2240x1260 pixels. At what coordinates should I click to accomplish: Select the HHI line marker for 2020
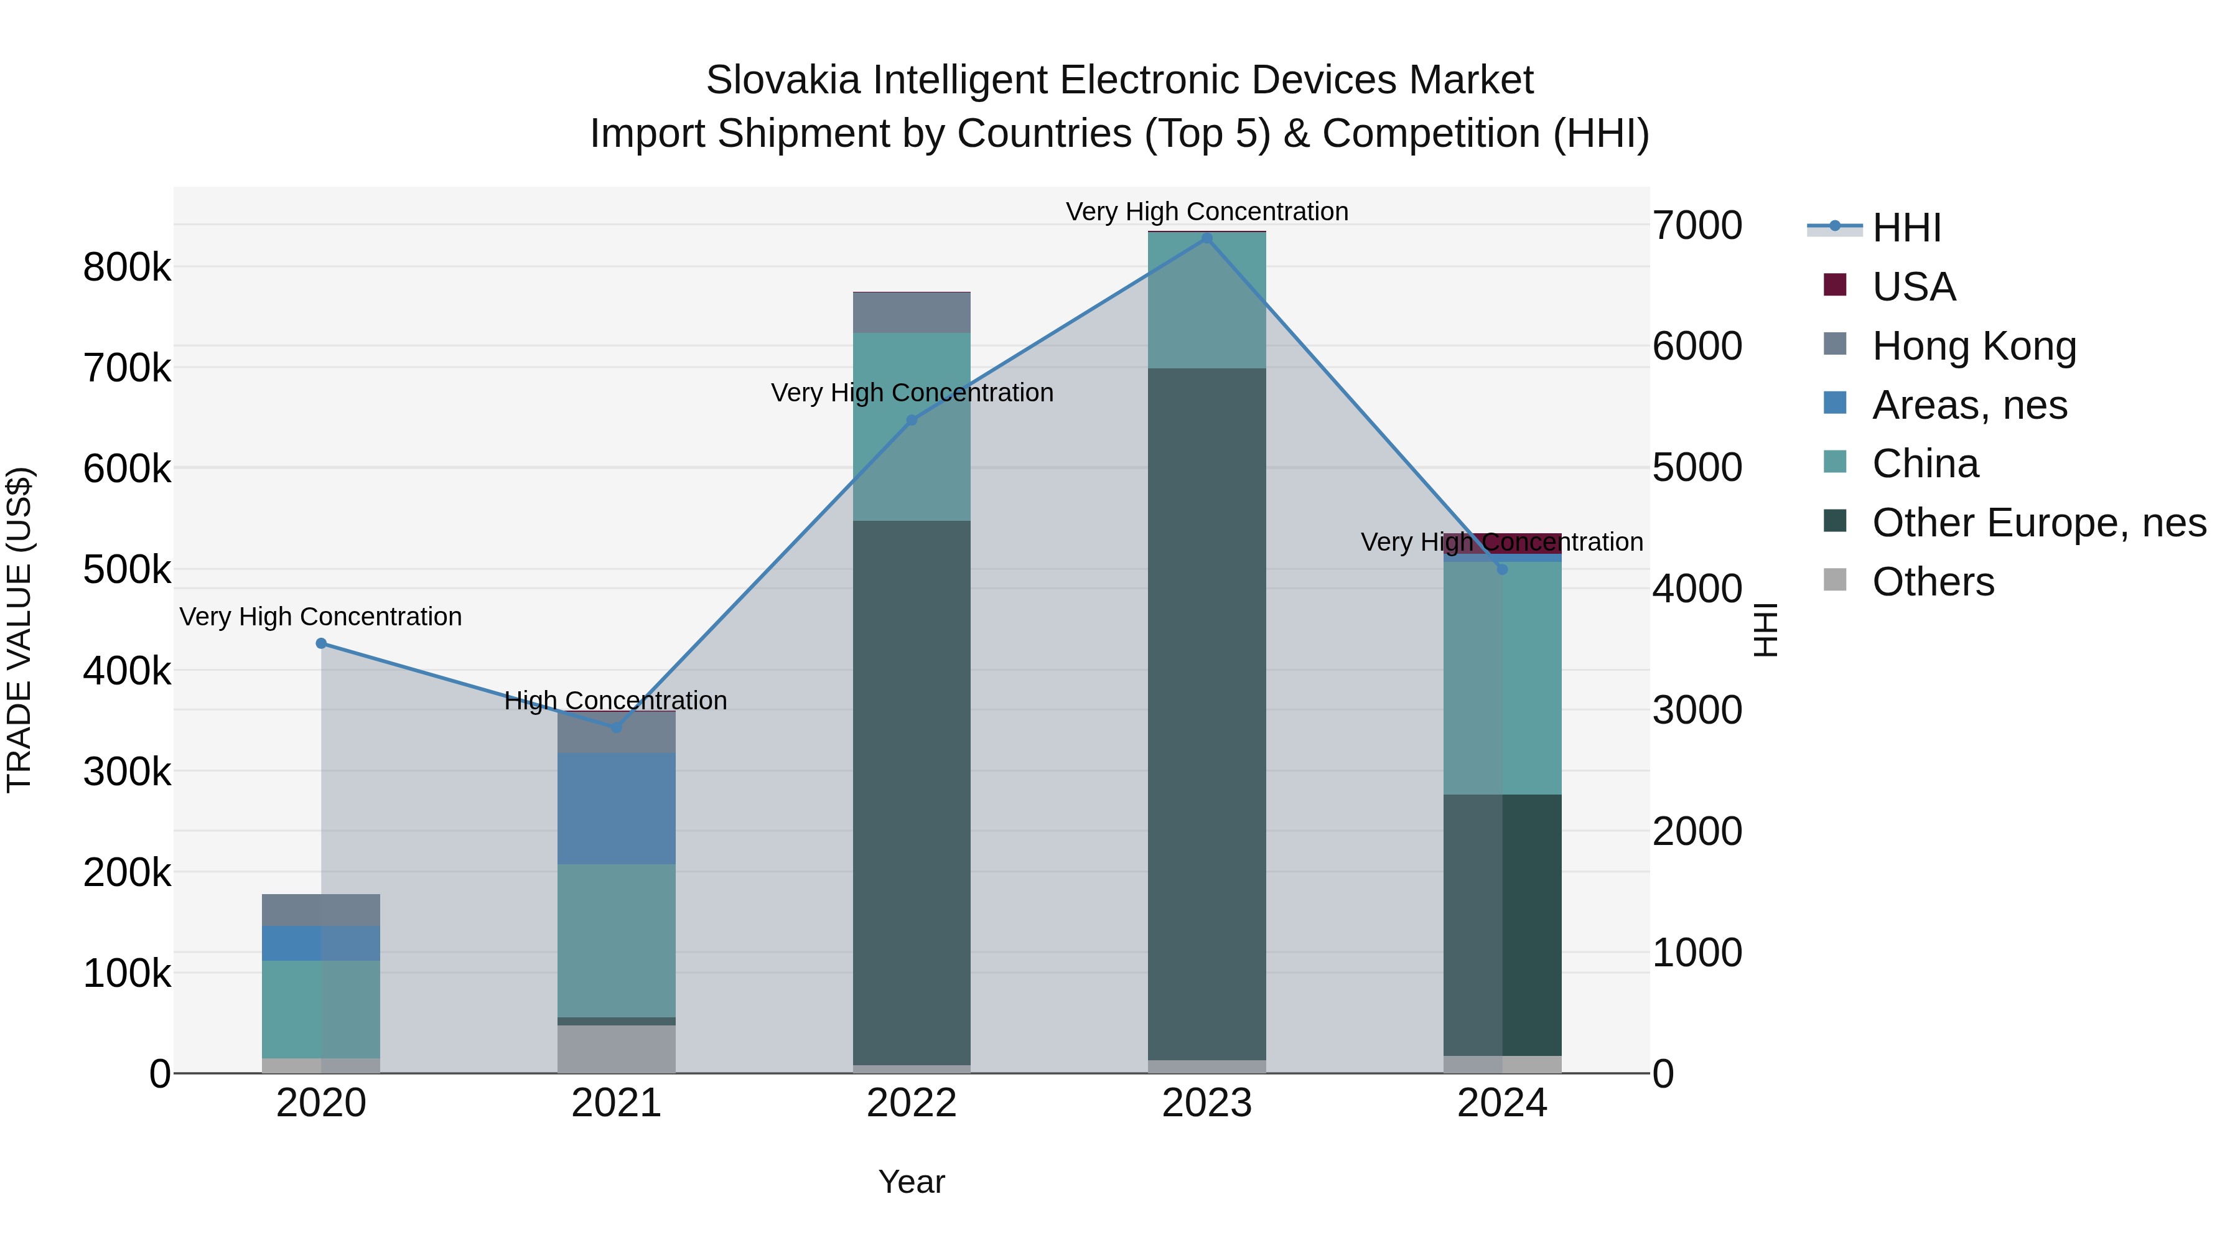321,643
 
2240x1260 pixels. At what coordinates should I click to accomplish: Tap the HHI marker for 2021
617,727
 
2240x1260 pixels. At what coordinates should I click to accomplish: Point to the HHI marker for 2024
1502,569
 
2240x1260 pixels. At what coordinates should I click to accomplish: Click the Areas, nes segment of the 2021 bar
617,809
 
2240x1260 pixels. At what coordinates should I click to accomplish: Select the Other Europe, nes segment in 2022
912,791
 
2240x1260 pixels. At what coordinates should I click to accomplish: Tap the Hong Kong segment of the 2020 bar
321,910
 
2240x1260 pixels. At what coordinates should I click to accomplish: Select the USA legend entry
1913,287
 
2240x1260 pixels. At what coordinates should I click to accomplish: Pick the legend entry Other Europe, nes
2038,523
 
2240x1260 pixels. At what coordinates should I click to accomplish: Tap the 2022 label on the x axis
912,1103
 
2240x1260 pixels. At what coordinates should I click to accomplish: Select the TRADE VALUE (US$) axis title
19,630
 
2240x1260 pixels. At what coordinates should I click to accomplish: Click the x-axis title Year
912,1182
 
